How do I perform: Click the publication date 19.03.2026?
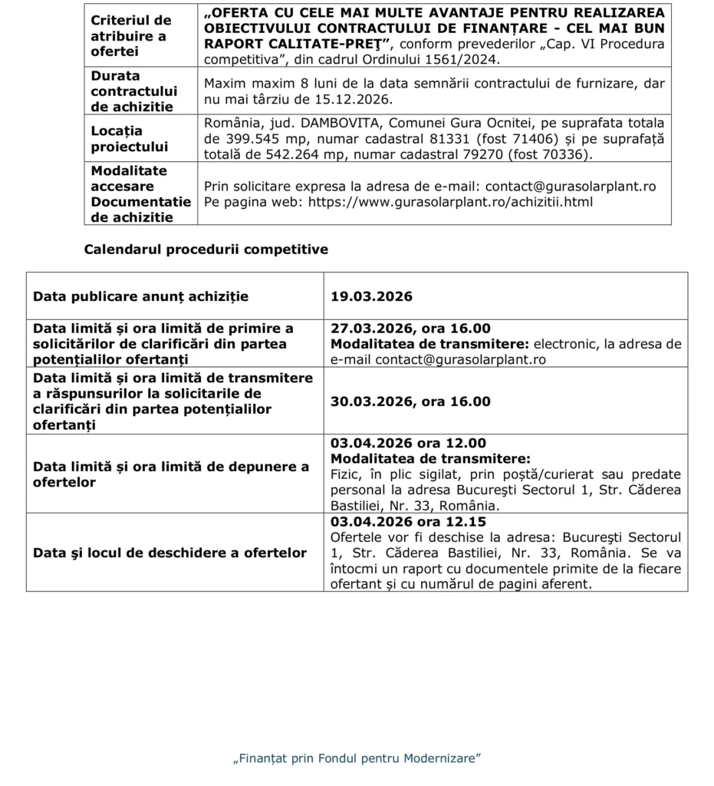372,296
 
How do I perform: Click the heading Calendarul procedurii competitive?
206,249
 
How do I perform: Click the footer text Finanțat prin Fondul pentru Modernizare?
357,758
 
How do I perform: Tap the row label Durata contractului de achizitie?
134,91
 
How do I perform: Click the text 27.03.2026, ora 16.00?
410,329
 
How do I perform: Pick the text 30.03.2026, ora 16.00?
410,401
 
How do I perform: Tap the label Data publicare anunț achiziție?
141,296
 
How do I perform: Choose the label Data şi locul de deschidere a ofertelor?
169,553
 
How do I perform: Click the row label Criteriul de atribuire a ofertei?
131,35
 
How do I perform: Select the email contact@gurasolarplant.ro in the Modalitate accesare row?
571,187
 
